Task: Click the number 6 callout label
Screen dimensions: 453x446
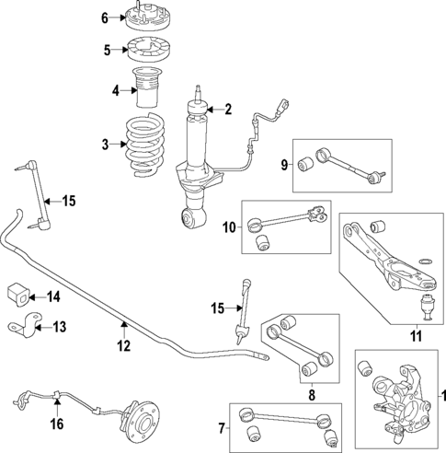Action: [x=104, y=17]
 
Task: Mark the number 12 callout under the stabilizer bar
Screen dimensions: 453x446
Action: [x=123, y=346]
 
